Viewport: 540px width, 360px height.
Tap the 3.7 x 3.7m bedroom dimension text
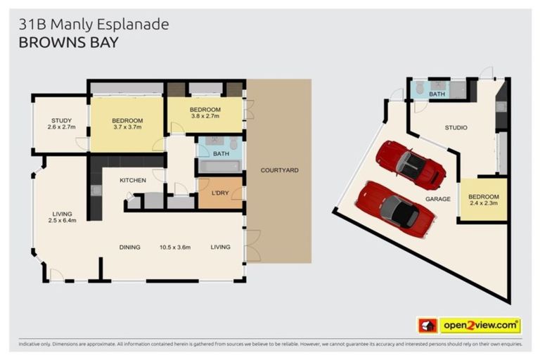[127, 127]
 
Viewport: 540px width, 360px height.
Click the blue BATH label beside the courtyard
[220, 153]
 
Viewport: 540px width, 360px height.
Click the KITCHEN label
[132, 181]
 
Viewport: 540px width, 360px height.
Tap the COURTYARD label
[279, 170]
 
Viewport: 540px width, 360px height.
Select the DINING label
[129, 247]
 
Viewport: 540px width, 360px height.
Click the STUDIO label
[456, 127]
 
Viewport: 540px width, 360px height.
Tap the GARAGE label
[437, 199]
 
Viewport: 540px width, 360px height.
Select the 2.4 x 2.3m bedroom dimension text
[484, 203]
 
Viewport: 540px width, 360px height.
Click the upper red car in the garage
[411, 165]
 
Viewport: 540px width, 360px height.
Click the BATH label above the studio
[437, 94]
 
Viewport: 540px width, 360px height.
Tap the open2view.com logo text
[480, 326]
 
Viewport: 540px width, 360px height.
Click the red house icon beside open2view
[427, 326]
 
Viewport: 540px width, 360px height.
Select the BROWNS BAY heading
[68, 42]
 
